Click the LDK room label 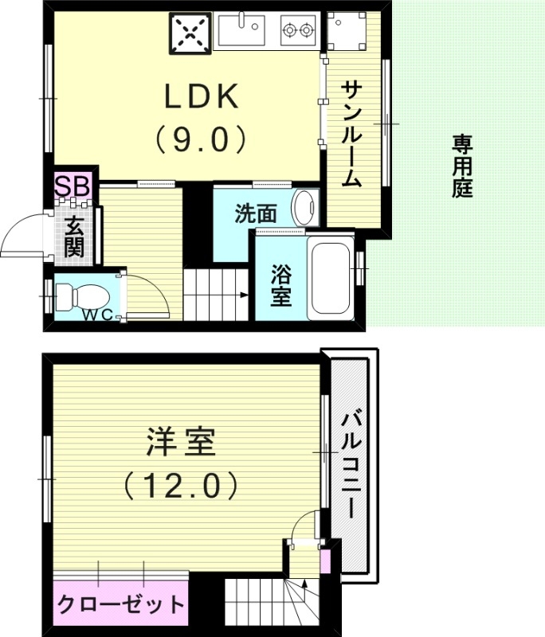click(200, 97)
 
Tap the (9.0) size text click(199, 140)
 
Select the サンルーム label click(351, 134)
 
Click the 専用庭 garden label click(462, 166)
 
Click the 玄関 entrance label click(75, 235)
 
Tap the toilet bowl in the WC click(80, 296)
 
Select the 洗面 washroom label click(256, 213)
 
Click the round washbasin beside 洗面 click(304, 207)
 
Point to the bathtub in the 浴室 click(331, 276)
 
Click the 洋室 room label click(180, 443)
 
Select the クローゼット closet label click(120, 604)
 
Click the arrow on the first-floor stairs click(242, 295)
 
